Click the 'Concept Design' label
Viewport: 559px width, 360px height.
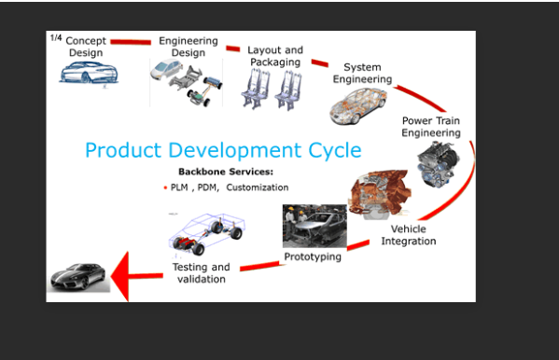pos(86,47)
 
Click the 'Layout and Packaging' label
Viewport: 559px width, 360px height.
pos(275,56)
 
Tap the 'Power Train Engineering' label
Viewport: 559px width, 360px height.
pos(431,127)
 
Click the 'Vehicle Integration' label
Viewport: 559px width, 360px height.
pos(408,235)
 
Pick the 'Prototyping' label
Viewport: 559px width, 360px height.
pos(313,256)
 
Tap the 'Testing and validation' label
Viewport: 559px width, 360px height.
pos(202,273)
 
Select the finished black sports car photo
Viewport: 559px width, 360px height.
pos(78,275)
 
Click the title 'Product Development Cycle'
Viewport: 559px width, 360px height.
pos(223,149)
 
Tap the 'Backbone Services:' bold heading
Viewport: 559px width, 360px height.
pos(226,172)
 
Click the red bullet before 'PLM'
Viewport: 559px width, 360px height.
pos(165,187)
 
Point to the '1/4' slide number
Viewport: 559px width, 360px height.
pos(56,38)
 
